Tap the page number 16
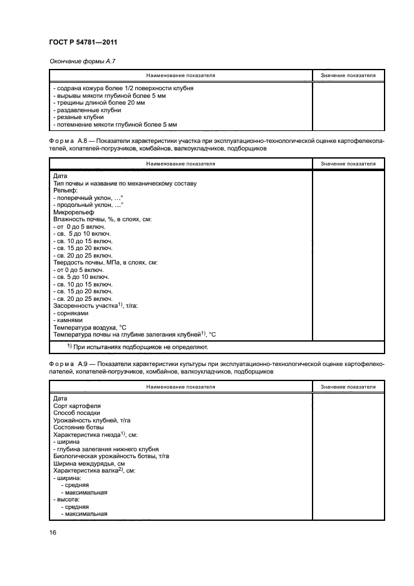tap(53, 532)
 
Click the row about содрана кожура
tap(123, 88)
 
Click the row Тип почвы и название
tap(125, 184)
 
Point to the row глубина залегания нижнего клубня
tap(106, 449)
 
